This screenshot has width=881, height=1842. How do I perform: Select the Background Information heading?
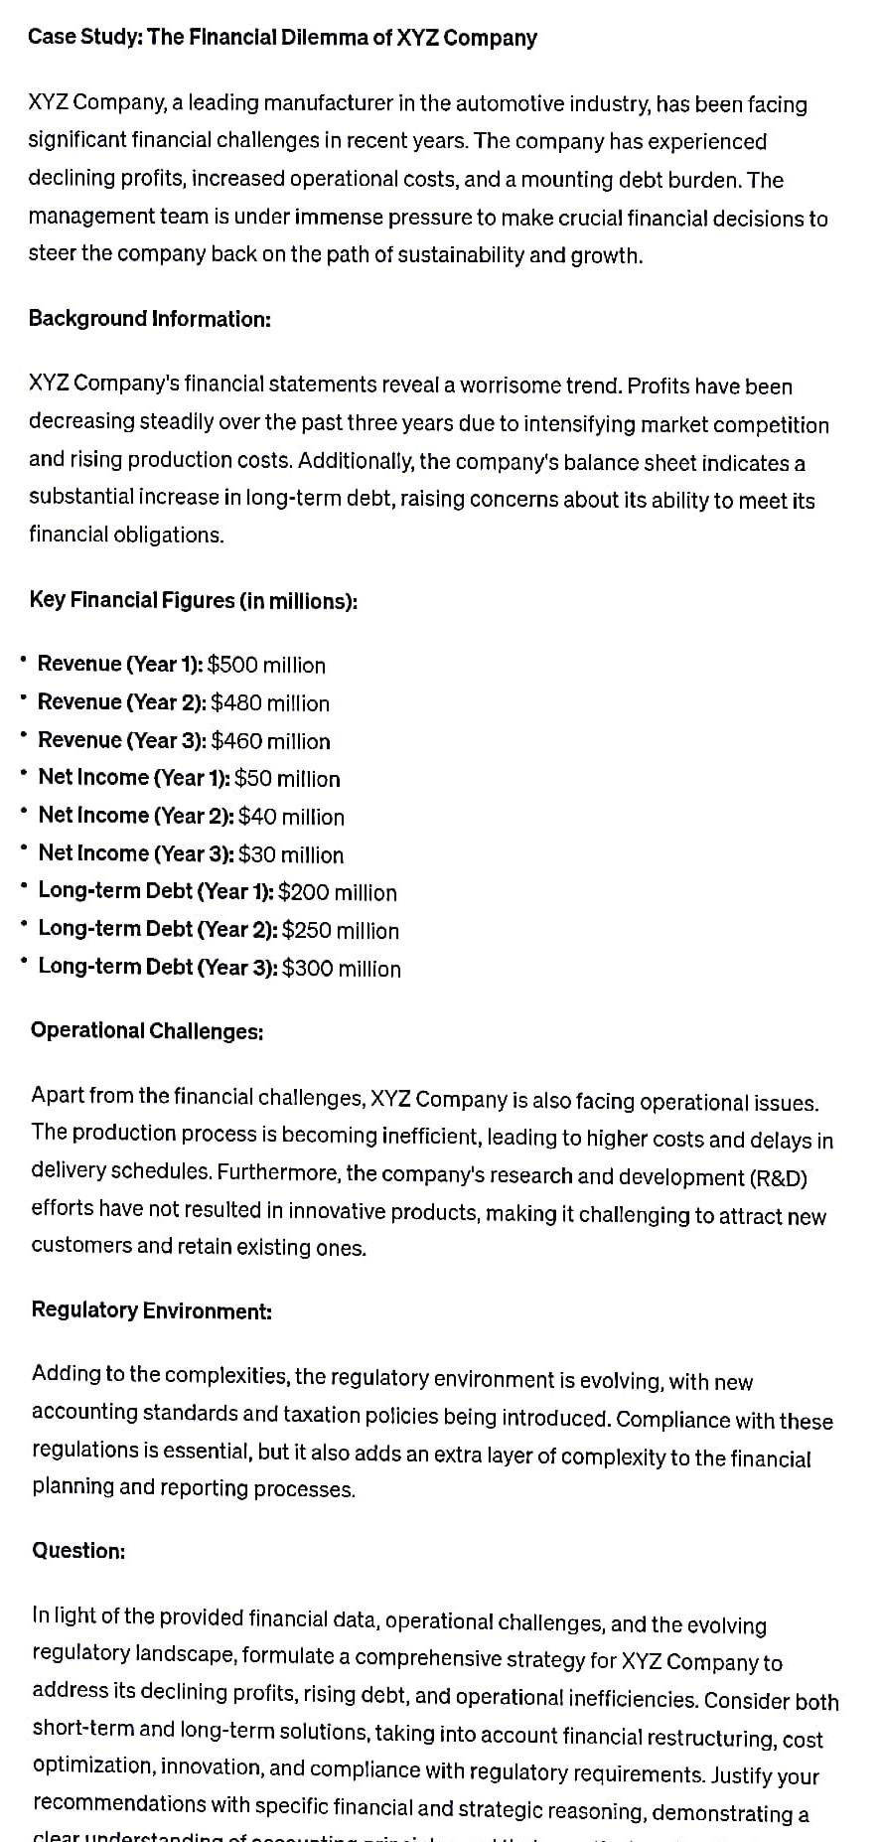coord(149,319)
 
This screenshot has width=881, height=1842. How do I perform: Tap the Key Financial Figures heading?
coord(194,600)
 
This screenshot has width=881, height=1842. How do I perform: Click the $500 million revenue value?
coord(266,665)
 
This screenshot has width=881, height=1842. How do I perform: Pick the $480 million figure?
coord(270,703)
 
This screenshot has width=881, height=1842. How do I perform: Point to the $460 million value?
coord(270,741)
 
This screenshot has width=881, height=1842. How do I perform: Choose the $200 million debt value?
coord(338,892)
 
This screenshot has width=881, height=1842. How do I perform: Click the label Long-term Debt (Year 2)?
coord(157,930)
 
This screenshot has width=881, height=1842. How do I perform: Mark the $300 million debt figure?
coord(342,968)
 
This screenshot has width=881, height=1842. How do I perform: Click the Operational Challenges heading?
coord(147,1030)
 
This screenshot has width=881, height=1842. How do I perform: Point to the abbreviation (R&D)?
coord(779,1177)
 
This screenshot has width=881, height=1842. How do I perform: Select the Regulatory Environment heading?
coord(151,1309)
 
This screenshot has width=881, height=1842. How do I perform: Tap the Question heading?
coord(78,1550)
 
